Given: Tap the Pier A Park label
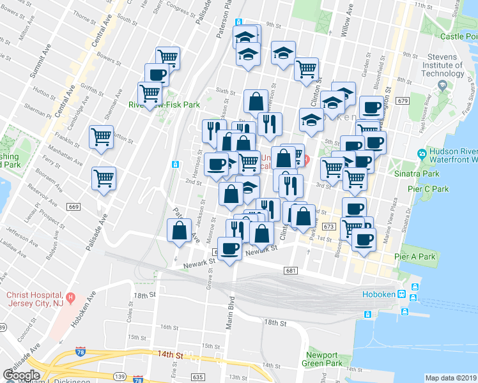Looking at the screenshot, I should tap(415, 257).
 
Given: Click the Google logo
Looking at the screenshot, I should tap(22, 375).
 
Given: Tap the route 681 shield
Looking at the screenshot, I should tap(291, 271).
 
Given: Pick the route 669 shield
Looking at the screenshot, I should tap(73, 206).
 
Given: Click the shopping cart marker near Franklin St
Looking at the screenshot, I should tap(101, 136).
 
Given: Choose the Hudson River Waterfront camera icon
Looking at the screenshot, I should tap(421, 154).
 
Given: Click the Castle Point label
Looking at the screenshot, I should tap(459, 36).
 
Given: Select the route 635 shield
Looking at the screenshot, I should tap(198, 377).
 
